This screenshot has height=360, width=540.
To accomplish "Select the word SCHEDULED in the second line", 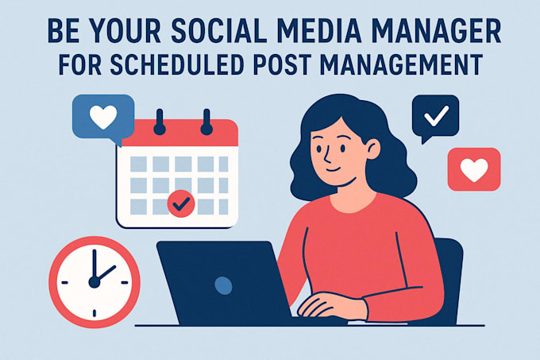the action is coord(178,64).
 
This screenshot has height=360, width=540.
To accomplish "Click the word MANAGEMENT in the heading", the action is coord(401,64).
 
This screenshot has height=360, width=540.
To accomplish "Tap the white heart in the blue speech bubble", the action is coord(103,117).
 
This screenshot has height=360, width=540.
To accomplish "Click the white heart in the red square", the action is coord(474,169).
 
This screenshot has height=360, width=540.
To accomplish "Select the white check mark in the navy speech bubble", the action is coord(436,116).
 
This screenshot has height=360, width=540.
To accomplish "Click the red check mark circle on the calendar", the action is coord(181,203).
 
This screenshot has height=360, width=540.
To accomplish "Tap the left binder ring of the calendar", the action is coord(160,122).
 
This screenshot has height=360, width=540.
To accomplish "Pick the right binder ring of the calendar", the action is coord(206,122).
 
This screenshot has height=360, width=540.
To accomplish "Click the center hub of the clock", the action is coord(94,282).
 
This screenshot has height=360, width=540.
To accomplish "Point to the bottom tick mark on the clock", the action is coord(94,313).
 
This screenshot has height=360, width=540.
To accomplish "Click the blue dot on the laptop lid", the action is coord(223,285).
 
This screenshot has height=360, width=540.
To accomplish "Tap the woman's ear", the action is coord(373,149).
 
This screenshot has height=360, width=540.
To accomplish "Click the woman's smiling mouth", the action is coord(333,170).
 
